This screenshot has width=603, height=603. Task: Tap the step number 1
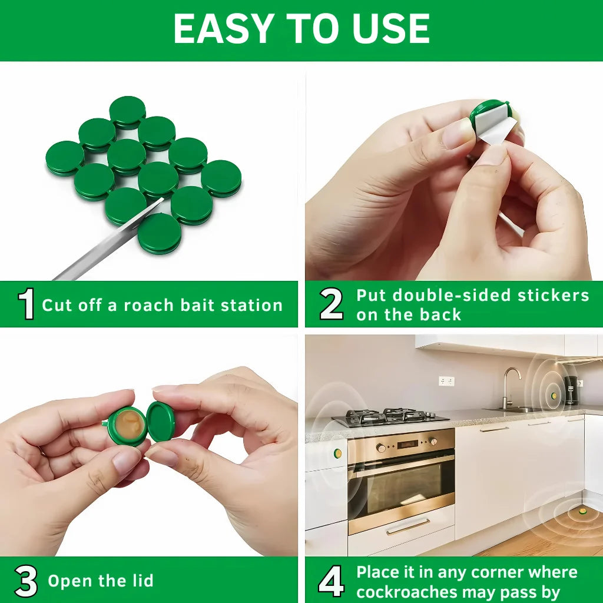(x=26, y=304)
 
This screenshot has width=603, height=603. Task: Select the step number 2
(x=331, y=304)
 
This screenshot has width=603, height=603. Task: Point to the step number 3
(x=26, y=581)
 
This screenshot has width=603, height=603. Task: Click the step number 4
(x=331, y=581)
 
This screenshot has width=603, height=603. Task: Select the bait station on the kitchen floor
(x=582, y=511)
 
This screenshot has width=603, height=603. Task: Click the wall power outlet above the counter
(x=446, y=381)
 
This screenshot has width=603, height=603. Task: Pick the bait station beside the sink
(x=554, y=395)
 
